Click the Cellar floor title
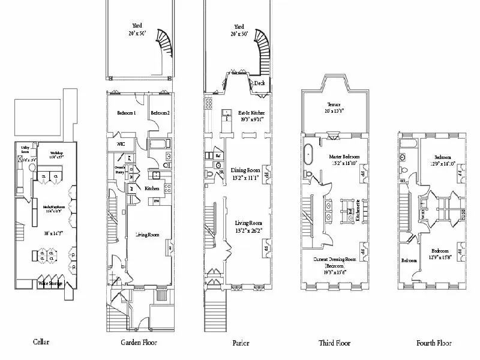[x=41, y=343]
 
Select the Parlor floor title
[x=241, y=343]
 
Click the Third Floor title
[x=334, y=343]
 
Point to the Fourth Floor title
[x=434, y=343]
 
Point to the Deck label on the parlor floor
[x=259, y=83]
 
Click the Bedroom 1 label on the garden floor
[x=127, y=113]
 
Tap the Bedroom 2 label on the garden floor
[x=160, y=113]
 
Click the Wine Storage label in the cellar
[x=51, y=283]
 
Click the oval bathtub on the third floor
[x=310, y=155]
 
